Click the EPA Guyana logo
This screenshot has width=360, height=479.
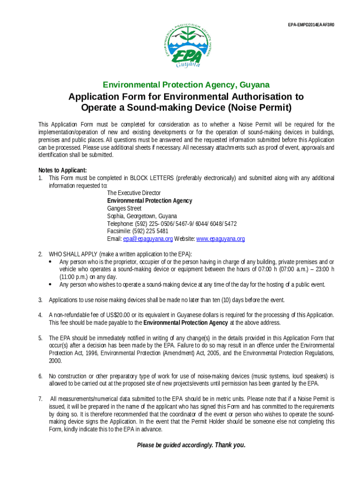point(191,45)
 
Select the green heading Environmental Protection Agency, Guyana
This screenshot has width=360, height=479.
point(186,85)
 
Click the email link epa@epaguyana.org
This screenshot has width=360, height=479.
point(148,239)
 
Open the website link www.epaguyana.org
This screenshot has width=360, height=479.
point(220,239)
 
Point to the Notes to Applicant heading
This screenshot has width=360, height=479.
point(63,170)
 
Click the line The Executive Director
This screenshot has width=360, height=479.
point(134,193)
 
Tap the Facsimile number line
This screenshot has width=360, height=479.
point(137,232)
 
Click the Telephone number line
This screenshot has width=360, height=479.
point(172,224)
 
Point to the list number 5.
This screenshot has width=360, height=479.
point(40,338)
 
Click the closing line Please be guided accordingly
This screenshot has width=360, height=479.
point(191,445)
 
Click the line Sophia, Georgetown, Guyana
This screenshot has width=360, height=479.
point(142,216)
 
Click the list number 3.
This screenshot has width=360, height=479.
point(40,300)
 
